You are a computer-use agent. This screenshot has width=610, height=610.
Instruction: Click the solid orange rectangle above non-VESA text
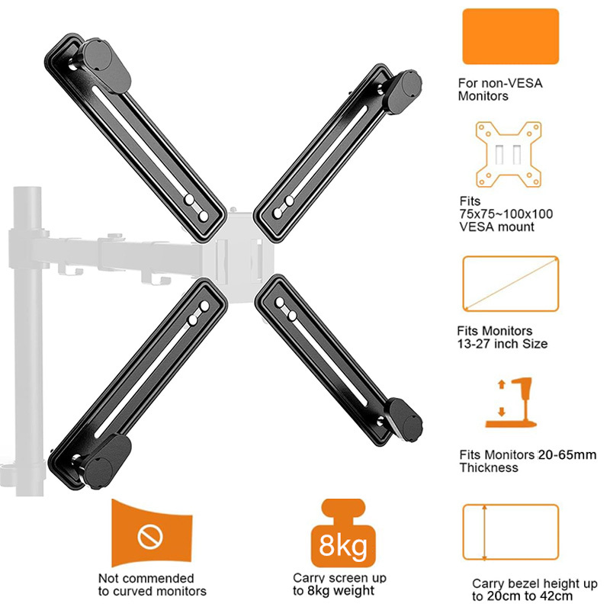tap(510, 36)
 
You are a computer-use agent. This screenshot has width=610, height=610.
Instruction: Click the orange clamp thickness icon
tap(512, 403)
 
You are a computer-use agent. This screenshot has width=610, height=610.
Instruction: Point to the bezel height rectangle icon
tap(463, 532)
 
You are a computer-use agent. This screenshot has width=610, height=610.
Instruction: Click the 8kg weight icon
tap(343, 533)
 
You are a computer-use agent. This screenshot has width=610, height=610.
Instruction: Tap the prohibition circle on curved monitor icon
tap(150, 537)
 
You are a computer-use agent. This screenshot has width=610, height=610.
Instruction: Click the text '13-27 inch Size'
tap(502, 344)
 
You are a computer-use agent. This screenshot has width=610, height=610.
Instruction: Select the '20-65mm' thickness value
tap(567, 454)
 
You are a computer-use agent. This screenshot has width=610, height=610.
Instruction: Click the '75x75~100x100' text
tap(506, 214)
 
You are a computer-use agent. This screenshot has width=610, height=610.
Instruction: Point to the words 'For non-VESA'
tap(500, 83)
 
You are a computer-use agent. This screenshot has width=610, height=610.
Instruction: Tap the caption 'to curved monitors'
tap(152, 592)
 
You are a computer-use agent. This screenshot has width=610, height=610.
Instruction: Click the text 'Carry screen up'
tap(339, 578)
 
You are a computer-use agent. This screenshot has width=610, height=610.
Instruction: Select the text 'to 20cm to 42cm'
tap(522, 596)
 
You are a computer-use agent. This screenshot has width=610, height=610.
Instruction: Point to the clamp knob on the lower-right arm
tap(406, 420)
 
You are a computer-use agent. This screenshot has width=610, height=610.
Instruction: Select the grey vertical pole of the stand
tap(29, 342)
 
